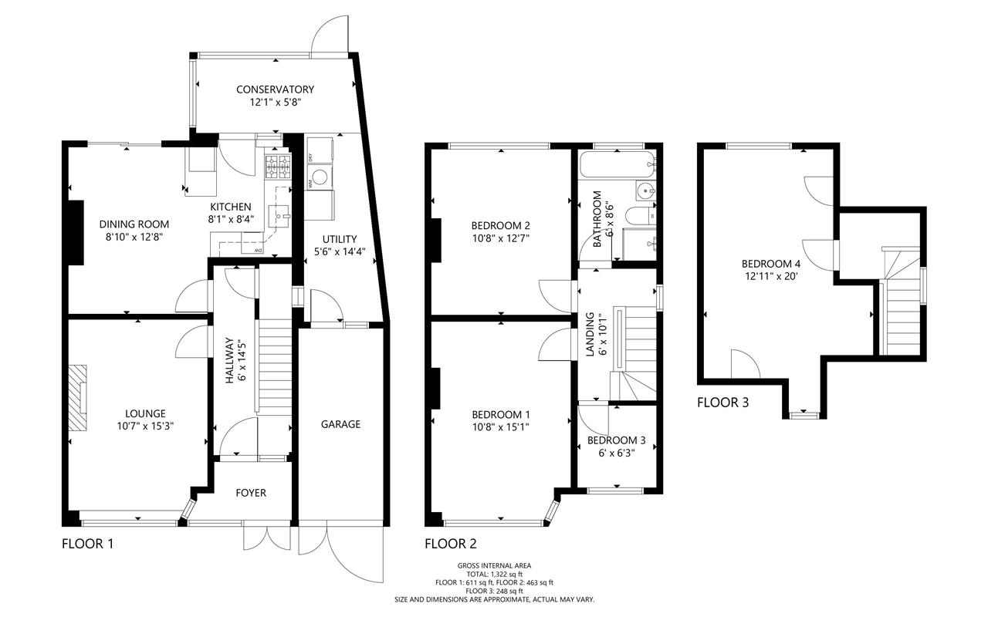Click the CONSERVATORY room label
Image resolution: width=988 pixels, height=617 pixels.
[276, 89]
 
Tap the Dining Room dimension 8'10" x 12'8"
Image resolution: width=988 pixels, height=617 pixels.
[134, 237]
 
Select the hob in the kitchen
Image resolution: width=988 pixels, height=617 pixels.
[278, 167]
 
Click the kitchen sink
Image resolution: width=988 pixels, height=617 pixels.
[279, 216]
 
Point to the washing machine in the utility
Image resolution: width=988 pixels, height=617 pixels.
[320, 178]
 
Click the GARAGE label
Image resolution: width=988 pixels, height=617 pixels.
[340, 424]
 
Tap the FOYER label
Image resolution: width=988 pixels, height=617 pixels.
[251, 493]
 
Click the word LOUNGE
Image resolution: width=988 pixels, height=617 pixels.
[146, 413]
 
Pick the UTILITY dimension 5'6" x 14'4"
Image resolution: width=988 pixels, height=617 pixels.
[340, 252]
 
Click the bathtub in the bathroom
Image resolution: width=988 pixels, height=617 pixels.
[617, 165]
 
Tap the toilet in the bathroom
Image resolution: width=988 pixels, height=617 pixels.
[641, 216]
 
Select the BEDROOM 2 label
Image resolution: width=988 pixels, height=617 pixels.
[501, 226]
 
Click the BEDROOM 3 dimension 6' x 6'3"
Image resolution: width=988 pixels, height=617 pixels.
[617, 453]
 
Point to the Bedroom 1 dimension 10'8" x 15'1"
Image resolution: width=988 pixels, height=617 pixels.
[501, 427]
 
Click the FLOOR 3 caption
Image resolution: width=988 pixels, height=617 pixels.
[723, 403]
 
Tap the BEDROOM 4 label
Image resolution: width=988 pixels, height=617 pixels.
[770, 264]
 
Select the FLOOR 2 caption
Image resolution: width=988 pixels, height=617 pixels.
[451, 544]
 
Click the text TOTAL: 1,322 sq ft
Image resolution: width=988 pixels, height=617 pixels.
[495, 575]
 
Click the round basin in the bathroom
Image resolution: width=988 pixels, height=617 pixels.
[646, 190]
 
